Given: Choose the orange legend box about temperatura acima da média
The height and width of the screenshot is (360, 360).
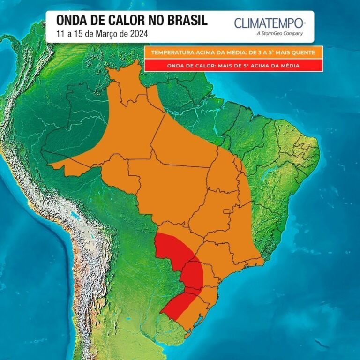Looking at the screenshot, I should pyautogui.click(x=233, y=52).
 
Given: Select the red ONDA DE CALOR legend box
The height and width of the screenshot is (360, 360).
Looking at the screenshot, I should pyautogui.click(x=233, y=66).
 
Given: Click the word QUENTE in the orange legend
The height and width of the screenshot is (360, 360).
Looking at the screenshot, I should pyautogui.click(x=306, y=52).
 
